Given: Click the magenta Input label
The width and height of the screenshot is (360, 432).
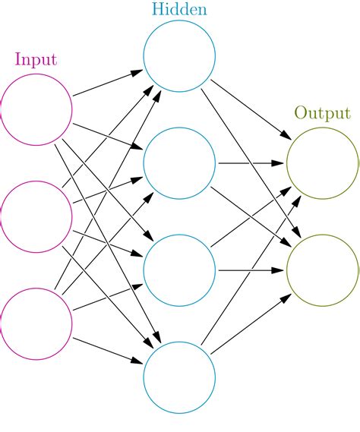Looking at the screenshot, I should (36, 59).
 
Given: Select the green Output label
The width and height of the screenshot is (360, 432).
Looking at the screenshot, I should (322, 113).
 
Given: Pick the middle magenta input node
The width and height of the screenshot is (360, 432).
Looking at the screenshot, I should (36, 216).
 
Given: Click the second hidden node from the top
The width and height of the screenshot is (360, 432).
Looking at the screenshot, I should (179, 163).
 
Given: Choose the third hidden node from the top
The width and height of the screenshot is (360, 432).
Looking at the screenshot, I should (179, 270).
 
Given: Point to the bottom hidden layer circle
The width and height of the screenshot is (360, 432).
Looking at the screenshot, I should (179, 377).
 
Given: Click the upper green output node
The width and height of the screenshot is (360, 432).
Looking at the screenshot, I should (323, 163).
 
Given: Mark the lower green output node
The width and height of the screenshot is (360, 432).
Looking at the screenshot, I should (323, 270).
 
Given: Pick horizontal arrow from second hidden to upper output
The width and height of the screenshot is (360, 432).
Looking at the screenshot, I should (251, 163).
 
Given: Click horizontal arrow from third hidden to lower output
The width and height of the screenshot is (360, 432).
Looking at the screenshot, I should (251, 270).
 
